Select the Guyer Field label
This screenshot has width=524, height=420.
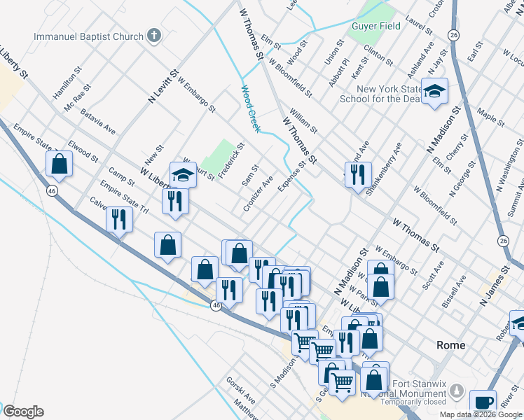(x=375, y=26)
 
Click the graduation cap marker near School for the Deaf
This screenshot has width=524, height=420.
(x=434, y=92)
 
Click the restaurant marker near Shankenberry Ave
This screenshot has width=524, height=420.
(x=358, y=174)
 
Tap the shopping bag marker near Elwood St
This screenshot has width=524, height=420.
(x=60, y=164)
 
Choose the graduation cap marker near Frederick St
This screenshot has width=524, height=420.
(x=183, y=174)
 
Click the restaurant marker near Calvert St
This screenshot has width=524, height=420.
(x=119, y=219)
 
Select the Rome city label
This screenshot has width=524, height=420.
(x=450, y=345)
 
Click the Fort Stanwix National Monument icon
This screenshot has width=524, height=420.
(x=457, y=389)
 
